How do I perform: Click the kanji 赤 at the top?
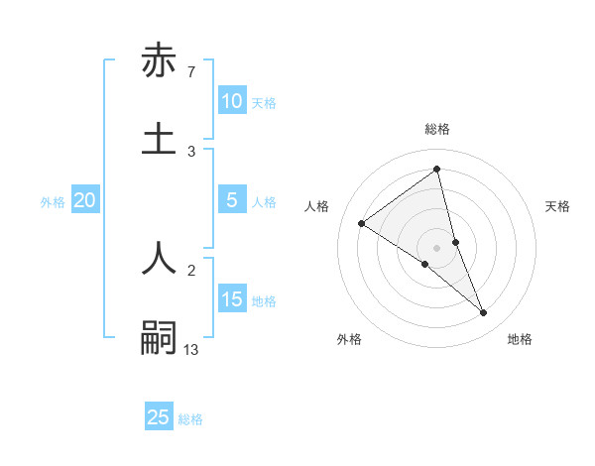159,61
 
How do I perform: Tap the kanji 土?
159,138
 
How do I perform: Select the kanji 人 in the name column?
159,256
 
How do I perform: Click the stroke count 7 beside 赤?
191,72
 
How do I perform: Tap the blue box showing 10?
231,101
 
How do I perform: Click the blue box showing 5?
231,200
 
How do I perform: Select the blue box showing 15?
231,299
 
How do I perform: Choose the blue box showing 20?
85,200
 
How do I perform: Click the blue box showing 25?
159,417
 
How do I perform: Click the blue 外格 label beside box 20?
53,202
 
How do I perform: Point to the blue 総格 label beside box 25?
190,419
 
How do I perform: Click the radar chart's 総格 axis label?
437,129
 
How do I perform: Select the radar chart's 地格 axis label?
520,339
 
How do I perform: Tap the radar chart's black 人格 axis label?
317,206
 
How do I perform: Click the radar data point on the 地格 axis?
484,313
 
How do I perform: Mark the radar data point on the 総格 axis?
436,170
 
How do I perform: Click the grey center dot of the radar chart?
436,247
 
